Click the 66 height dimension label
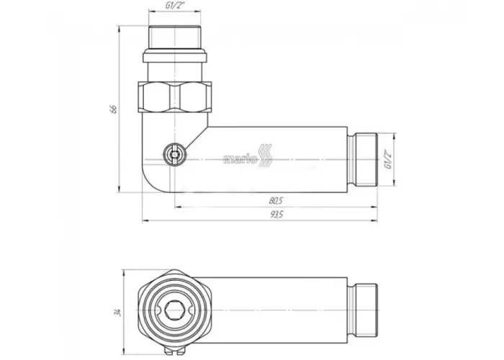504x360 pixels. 113,109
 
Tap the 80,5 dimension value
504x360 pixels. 276,201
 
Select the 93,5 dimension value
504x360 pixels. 276,215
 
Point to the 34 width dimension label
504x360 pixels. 118,312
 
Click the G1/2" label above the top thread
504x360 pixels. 175,5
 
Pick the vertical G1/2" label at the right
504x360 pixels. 389,159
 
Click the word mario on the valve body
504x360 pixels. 240,159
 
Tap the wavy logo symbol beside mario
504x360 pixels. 266,156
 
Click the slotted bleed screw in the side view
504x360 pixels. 174,155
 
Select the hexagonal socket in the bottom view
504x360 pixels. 174,311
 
